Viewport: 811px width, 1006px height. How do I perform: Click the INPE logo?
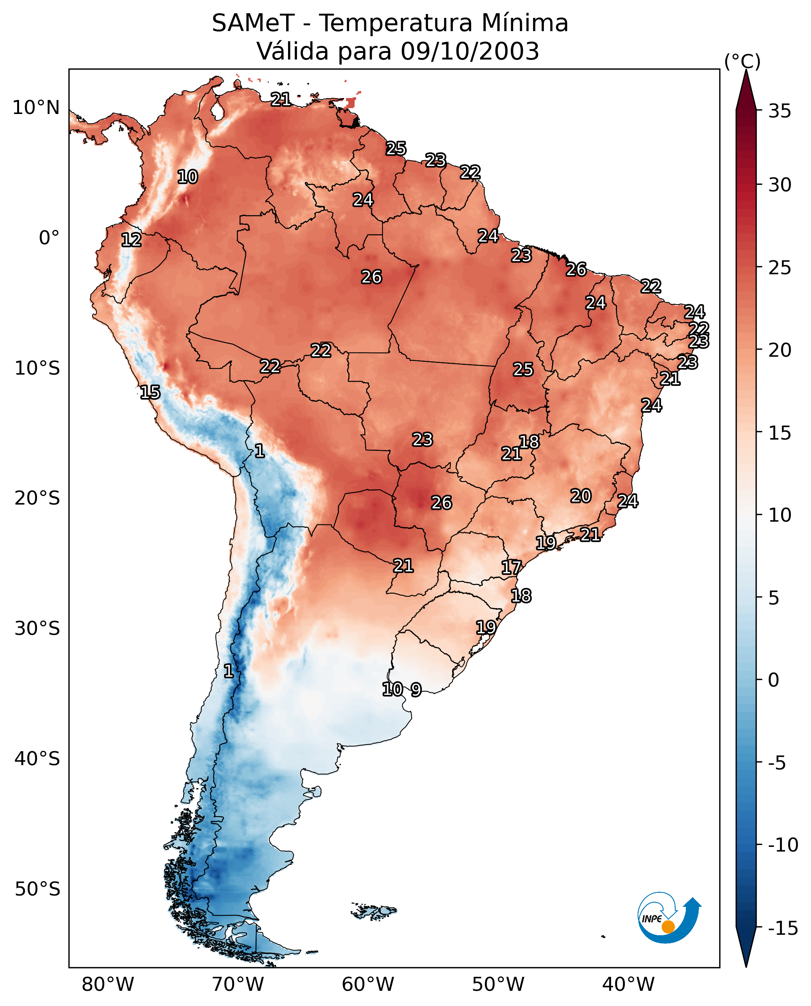point(669,920)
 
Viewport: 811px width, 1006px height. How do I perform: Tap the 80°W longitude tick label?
point(108,984)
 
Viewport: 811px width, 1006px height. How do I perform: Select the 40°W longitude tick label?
point(628,984)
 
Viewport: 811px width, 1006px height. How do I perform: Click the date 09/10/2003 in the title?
point(470,51)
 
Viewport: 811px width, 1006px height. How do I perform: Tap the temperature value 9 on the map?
point(416,689)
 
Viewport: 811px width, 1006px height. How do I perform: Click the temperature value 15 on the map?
point(150,392)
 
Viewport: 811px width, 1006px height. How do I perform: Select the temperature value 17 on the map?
point(511,568)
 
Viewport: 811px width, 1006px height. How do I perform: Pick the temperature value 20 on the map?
point(581,496)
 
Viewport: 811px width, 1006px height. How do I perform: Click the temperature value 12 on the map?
point(131,240)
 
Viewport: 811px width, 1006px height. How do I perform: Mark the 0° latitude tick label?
point(49,238)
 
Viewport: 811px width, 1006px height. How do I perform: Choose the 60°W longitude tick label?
point(368,984)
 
